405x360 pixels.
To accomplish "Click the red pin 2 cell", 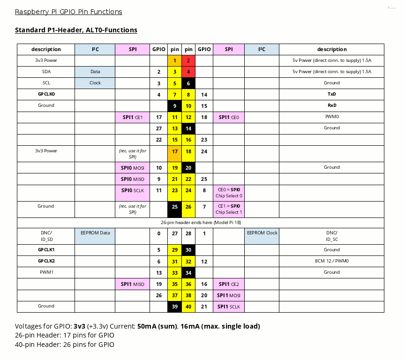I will pyautogui.click(x=188, y=60).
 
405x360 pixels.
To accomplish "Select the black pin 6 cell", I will pyautogui.click(x=188, y=83).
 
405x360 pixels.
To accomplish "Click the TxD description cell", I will pyautogui.click(x=331, y=94).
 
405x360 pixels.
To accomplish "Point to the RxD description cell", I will pyautogui.click(x=331, y=105).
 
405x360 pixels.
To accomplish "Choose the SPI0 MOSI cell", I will pyautogui.click(x=133, y=167).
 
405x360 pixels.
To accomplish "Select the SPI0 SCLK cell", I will pyautogui.click(x=133, y=190).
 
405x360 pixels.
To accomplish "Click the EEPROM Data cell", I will pyautogui.click(x=95, y=232).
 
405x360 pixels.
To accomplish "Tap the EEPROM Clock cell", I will pyautogui.click(x=262, y=232).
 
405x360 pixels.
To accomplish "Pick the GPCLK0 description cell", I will pyautogui.click(x=46, y=94).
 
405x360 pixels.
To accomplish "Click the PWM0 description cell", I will pyautogui.click(x=331, y=117).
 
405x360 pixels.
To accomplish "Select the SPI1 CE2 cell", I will pyautogui.click(x=229, y=284).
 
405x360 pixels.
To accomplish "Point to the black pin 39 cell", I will pyautogui.click(x=175, y=307).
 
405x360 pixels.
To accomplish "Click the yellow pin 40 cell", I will pyautogui.click(x=188, y=307).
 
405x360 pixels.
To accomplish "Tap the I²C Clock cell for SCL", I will pyautogui.click(x=95, y=83).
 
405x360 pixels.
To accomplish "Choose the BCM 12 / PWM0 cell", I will pyautogui.click(x=331, y=261).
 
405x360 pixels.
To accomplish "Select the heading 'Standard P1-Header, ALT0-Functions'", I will pyautogui.click(x=76, y=30).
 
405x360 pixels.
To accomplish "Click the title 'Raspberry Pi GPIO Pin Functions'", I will pyautogui.click(x=68, y=12).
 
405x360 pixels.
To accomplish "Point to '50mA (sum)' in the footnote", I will pyautogui.click(x=157, y=326).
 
